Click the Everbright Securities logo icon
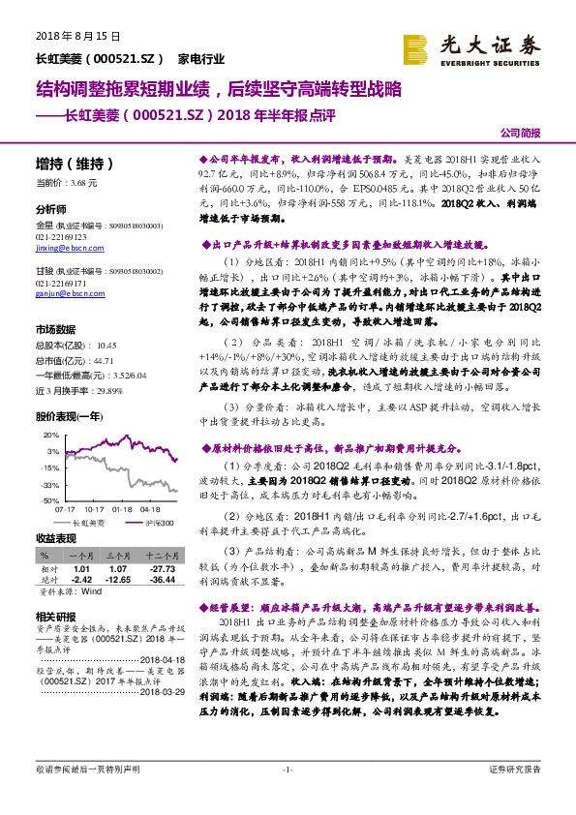[416, 48]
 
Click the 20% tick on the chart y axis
[49, 435]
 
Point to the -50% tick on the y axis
[47, 501]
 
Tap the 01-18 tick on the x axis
[122, 508]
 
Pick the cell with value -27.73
[162, 568]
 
